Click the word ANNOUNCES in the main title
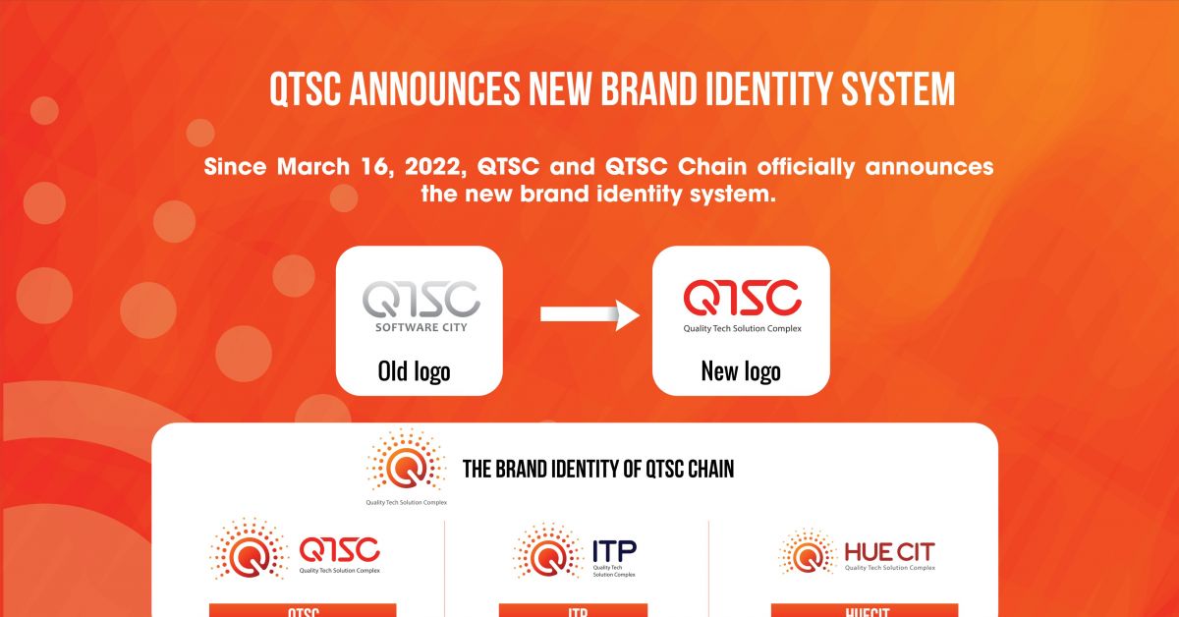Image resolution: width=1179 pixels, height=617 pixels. point(439,89)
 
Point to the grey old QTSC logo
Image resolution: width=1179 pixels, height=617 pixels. point(421,299)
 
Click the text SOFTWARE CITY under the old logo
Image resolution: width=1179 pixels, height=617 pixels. point(421,327)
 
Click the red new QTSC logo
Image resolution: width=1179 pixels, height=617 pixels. point(742,298)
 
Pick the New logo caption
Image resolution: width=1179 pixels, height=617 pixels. point(741,371)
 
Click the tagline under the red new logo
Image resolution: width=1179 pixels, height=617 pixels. point(742,328)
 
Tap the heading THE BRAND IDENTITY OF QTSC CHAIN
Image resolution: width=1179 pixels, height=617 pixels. point(598,470)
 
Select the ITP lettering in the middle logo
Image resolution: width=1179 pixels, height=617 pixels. point(614,550)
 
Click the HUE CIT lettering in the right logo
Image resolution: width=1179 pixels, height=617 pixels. point(889,551)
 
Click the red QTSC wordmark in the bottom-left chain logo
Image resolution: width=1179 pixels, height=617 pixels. point(339,549)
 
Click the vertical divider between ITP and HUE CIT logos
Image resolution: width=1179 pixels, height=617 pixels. point(708,570)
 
